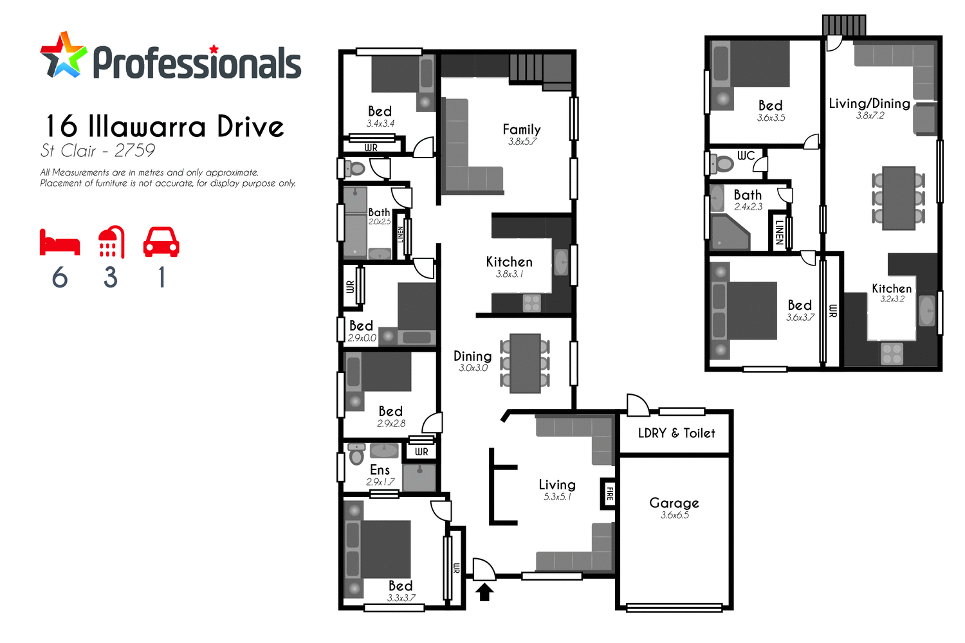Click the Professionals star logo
[x=63, y=56]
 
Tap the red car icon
[x=161, y=242]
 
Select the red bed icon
[x=60, y=243]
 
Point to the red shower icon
[x=111, y=242]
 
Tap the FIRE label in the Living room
[x=609, y=494]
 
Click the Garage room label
[x=674, y=503]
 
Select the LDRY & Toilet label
[x=676, y=433]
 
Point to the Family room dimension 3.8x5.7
[x=522, y=142]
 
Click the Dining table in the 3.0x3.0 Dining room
[x=525, y=363]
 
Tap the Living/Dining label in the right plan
[x=869, y=104]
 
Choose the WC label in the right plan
[x=746, y=156]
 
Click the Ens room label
[x=380, y=470]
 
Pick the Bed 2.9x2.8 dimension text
[x=391, y=424]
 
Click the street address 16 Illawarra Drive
[x=165, y=127]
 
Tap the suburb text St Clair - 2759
[x=98, y=151]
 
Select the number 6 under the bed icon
[x=60, y=278]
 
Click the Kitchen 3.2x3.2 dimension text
[x=892, y=299]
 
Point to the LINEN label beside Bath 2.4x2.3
[x=779, y=232]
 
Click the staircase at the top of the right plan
[x=844, y=26]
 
